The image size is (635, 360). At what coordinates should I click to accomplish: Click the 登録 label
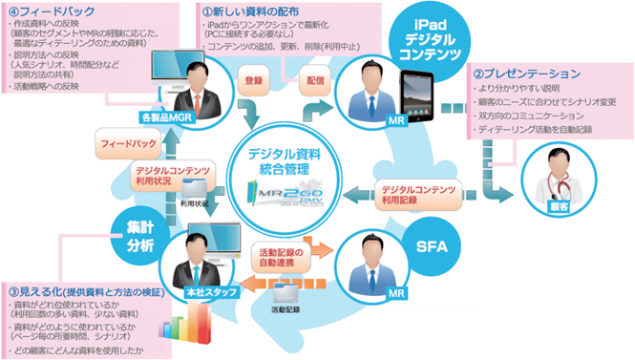(255, 82)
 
